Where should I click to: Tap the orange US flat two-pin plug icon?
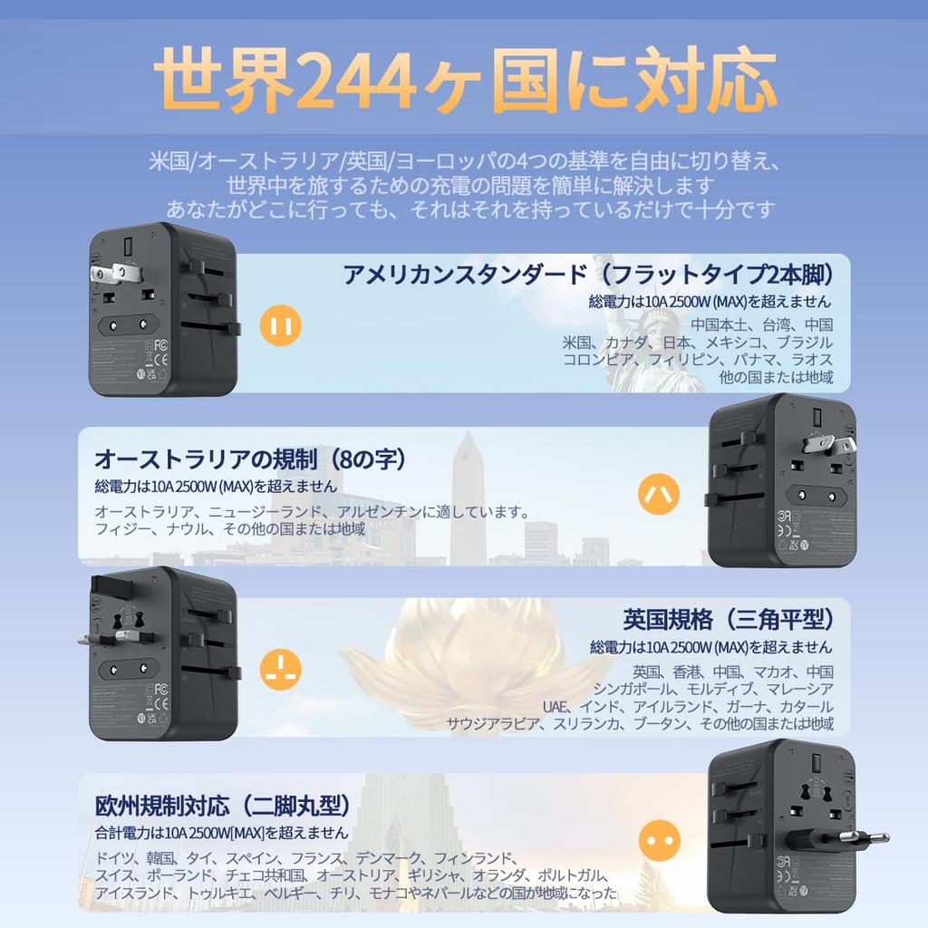(280, 325)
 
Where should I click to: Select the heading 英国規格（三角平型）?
(728, 620)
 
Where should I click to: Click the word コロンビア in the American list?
(598, 360)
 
